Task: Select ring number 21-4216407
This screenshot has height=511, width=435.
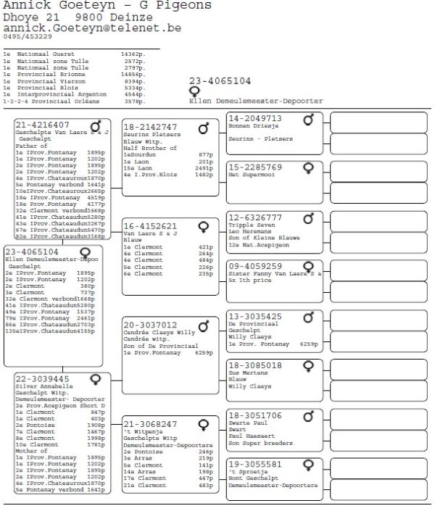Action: point(43,125)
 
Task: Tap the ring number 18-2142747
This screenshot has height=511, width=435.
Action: point(150,127)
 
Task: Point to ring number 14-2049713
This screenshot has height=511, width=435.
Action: point(255,118)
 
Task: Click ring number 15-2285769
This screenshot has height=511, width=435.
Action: point(255,167)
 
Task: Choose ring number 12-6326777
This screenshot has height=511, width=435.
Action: point(255,217)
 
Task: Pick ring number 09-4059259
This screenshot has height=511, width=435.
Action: point(255,267)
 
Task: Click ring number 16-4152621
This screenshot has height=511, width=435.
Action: point(150,226)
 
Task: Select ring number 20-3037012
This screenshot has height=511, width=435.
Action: point(150,325)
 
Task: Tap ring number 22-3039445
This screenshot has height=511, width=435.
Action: point(43,379)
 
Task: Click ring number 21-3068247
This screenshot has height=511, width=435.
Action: point(150,424)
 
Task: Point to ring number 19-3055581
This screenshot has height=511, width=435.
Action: point(255,464)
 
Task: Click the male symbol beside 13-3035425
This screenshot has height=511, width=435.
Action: point(309,317)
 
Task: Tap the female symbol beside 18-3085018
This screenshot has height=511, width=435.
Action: point(309,365)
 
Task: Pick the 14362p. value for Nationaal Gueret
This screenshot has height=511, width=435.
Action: point(133,54)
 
